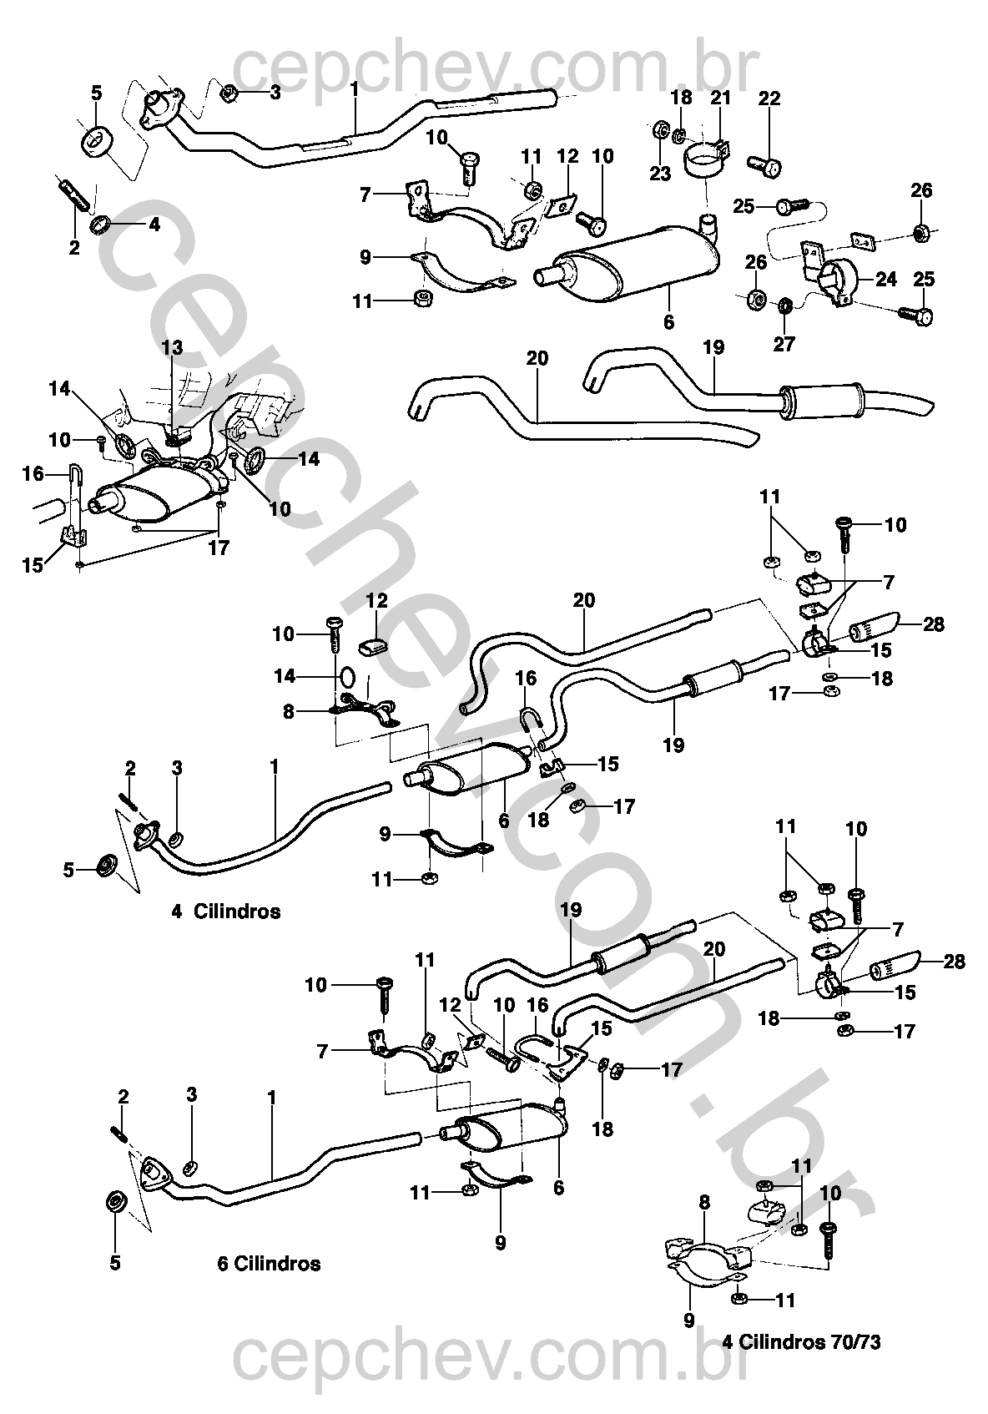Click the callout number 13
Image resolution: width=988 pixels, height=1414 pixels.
(172, 347)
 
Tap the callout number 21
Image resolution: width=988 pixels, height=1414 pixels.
(720, 98)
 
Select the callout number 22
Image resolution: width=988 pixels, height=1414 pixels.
(769, 98)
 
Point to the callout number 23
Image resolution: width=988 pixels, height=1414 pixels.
(660, 174)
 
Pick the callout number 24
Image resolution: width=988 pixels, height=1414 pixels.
(885, 278)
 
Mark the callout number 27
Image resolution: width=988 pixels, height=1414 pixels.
(784, 344)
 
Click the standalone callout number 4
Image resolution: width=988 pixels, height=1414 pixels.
(154, 224)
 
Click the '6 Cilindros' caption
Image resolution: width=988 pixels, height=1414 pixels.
(269, 1263)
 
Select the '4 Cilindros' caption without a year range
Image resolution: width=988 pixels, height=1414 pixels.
(225, 911)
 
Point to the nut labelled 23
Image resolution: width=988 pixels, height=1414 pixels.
(658, 130)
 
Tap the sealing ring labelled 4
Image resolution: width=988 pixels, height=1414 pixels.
(100, 225)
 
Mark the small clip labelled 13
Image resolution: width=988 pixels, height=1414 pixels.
(175, 435)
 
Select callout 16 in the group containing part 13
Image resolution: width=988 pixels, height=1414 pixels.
(33, 475)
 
